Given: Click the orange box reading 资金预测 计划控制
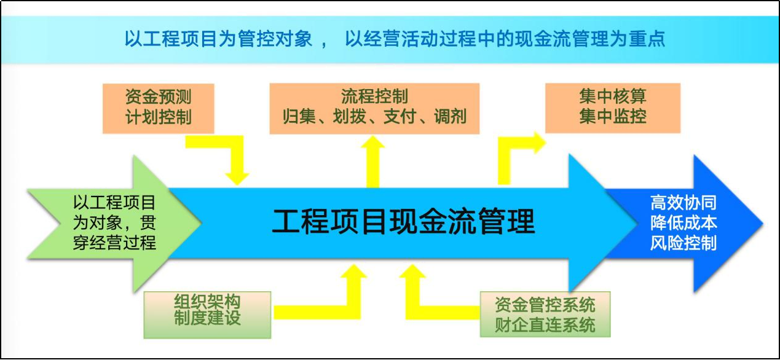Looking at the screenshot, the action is coord(158,108).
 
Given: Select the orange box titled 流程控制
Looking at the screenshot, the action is coord(374,108).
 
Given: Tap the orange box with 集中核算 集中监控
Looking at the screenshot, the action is coord(613,108).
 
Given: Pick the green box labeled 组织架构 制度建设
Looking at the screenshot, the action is coord(207,315).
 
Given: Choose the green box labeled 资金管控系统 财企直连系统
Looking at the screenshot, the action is coord(545,314).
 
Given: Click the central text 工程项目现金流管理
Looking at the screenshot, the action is coord(403,221).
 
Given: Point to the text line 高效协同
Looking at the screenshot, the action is coord(683,203).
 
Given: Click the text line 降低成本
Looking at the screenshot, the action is coord(683,223).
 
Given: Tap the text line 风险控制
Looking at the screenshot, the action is coord(683,243).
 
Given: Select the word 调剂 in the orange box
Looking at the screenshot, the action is coord(450,117).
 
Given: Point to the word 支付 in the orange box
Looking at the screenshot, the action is coord(400,117).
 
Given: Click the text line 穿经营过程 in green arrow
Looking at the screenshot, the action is coord(114,243).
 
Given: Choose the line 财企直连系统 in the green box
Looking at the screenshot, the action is coord(545,325).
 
